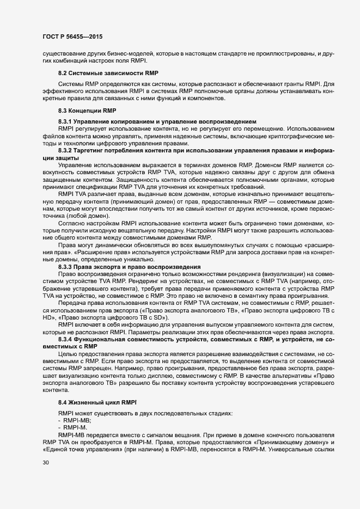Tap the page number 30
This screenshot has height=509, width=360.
tap(46, 477)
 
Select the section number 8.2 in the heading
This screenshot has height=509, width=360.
tap(63, 73)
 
